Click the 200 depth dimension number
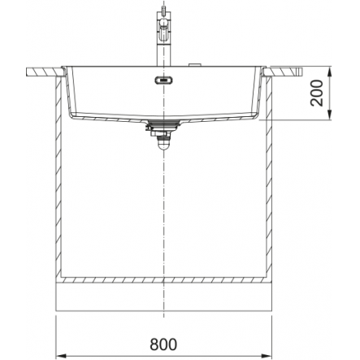317,93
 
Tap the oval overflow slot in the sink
163,80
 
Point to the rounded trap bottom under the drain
163,145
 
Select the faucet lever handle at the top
163,28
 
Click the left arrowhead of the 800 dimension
61,355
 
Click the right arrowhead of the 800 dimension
266,355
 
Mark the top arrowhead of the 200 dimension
329,72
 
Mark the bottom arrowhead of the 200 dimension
329,114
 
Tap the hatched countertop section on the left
45,72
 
